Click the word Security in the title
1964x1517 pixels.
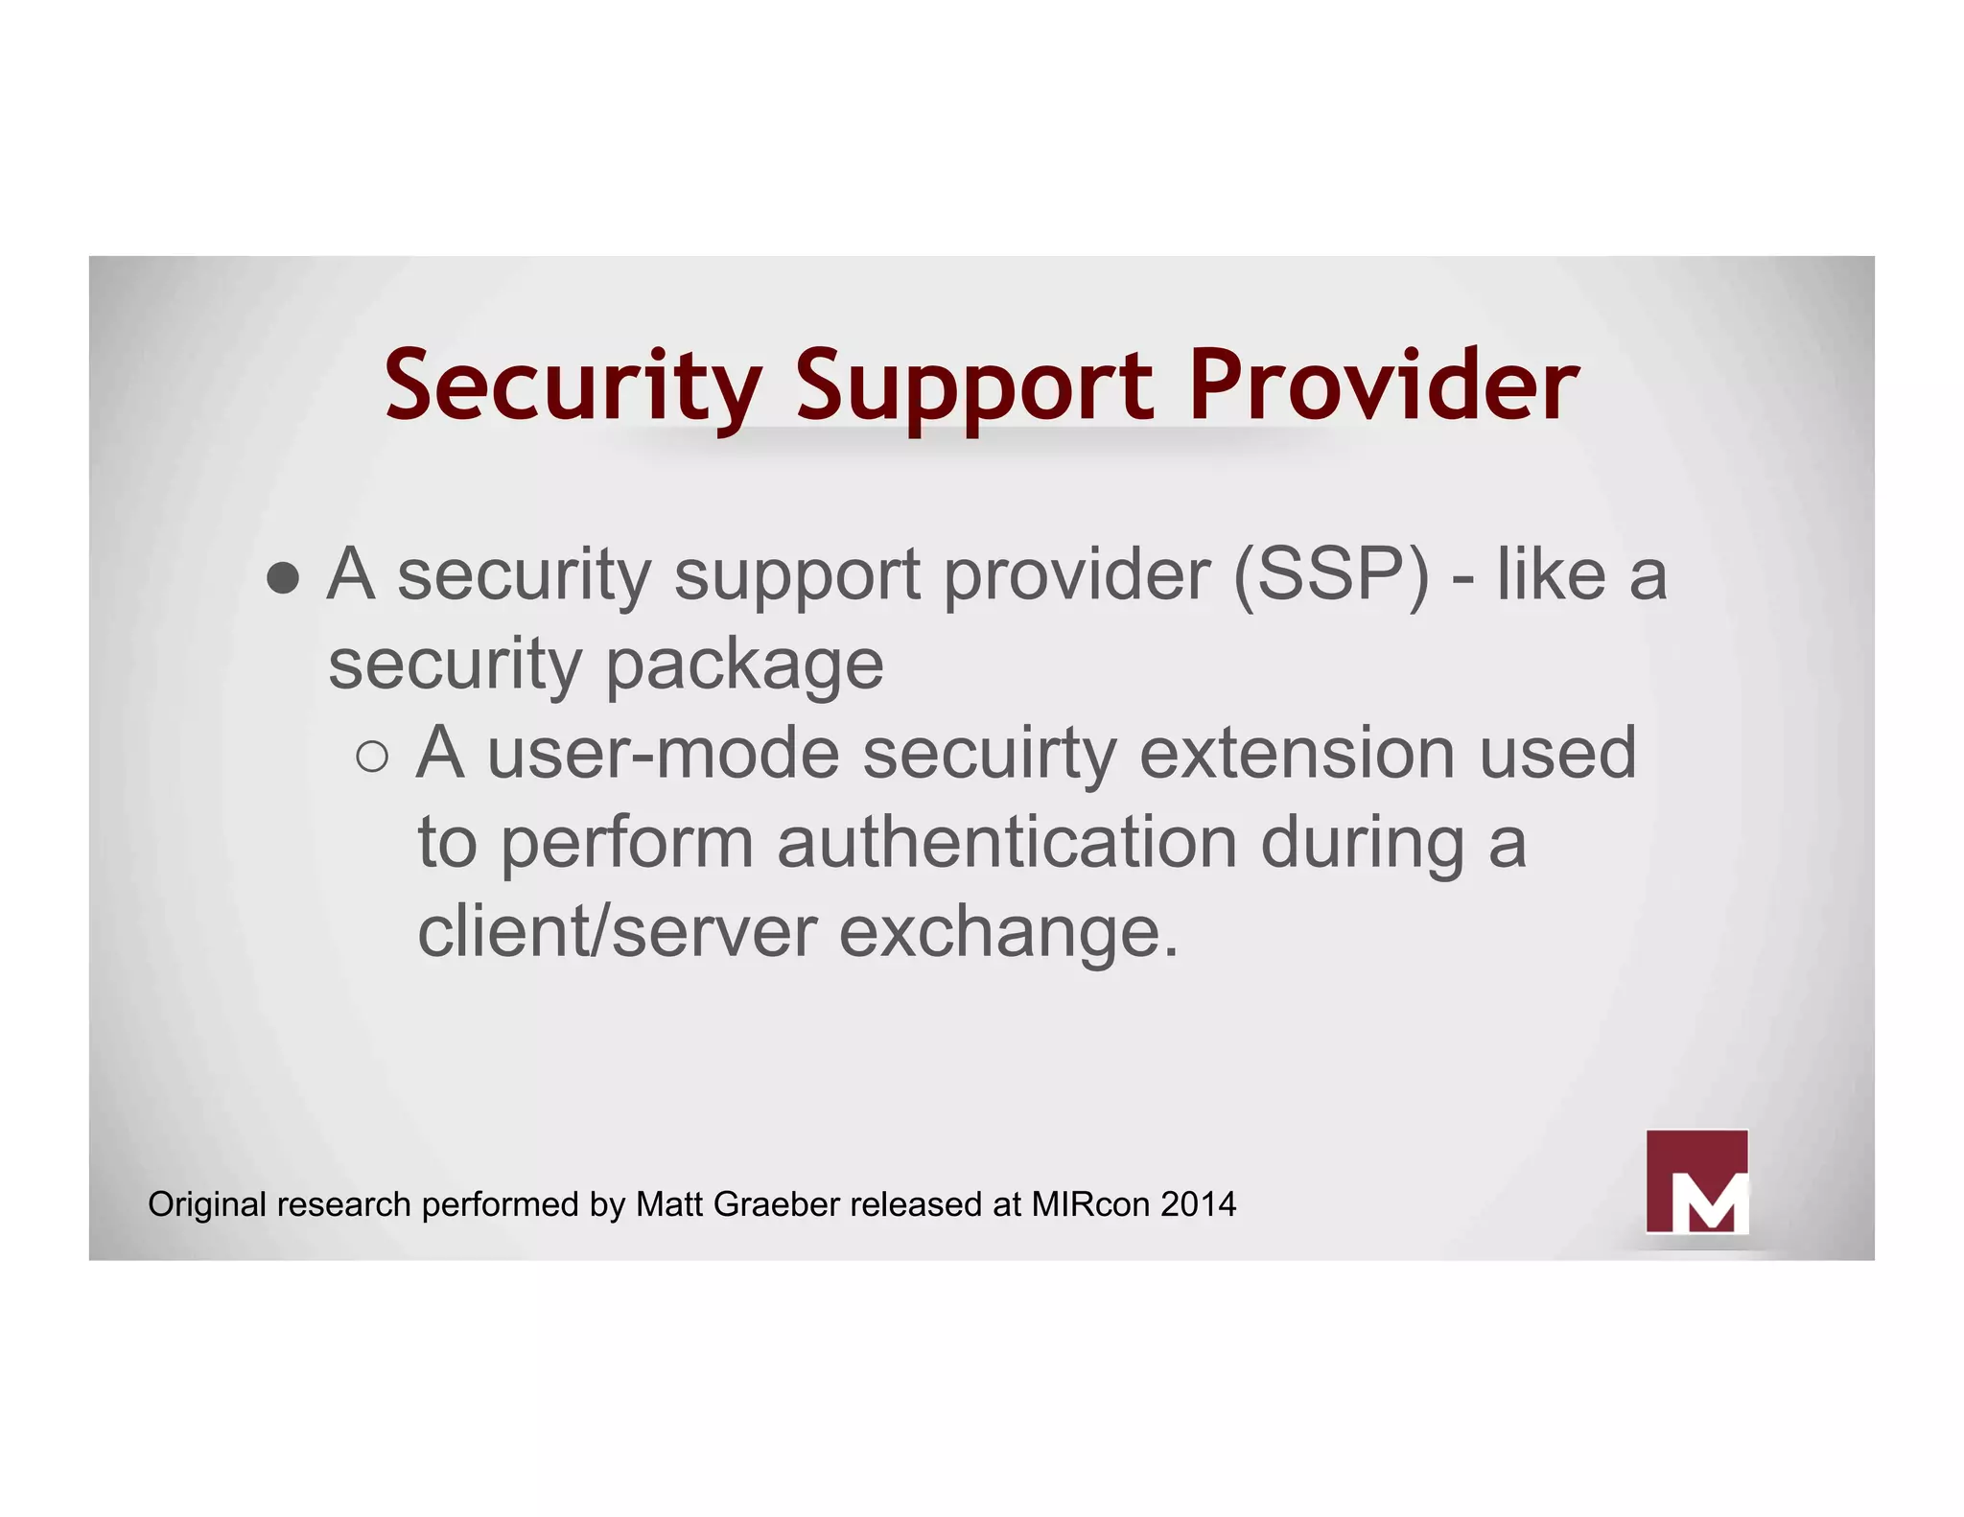click(573, 385)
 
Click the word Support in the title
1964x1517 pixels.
click(974, 385)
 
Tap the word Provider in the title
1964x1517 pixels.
click(1383, 385)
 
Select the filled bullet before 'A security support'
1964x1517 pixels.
click(283, 578)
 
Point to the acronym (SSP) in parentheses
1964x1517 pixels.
click(1331, 574)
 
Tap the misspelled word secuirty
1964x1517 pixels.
click(989, 754)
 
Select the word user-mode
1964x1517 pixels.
click(664, 754)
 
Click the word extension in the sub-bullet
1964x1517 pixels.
click(1297, 754)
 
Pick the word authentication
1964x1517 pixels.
click(1006, 843)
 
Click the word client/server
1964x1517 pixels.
click(618, 932)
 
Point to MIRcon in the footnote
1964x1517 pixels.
click(1090, 1204)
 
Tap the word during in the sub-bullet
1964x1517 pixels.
click(1362, 843)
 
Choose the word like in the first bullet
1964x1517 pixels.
click(1550, 574)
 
